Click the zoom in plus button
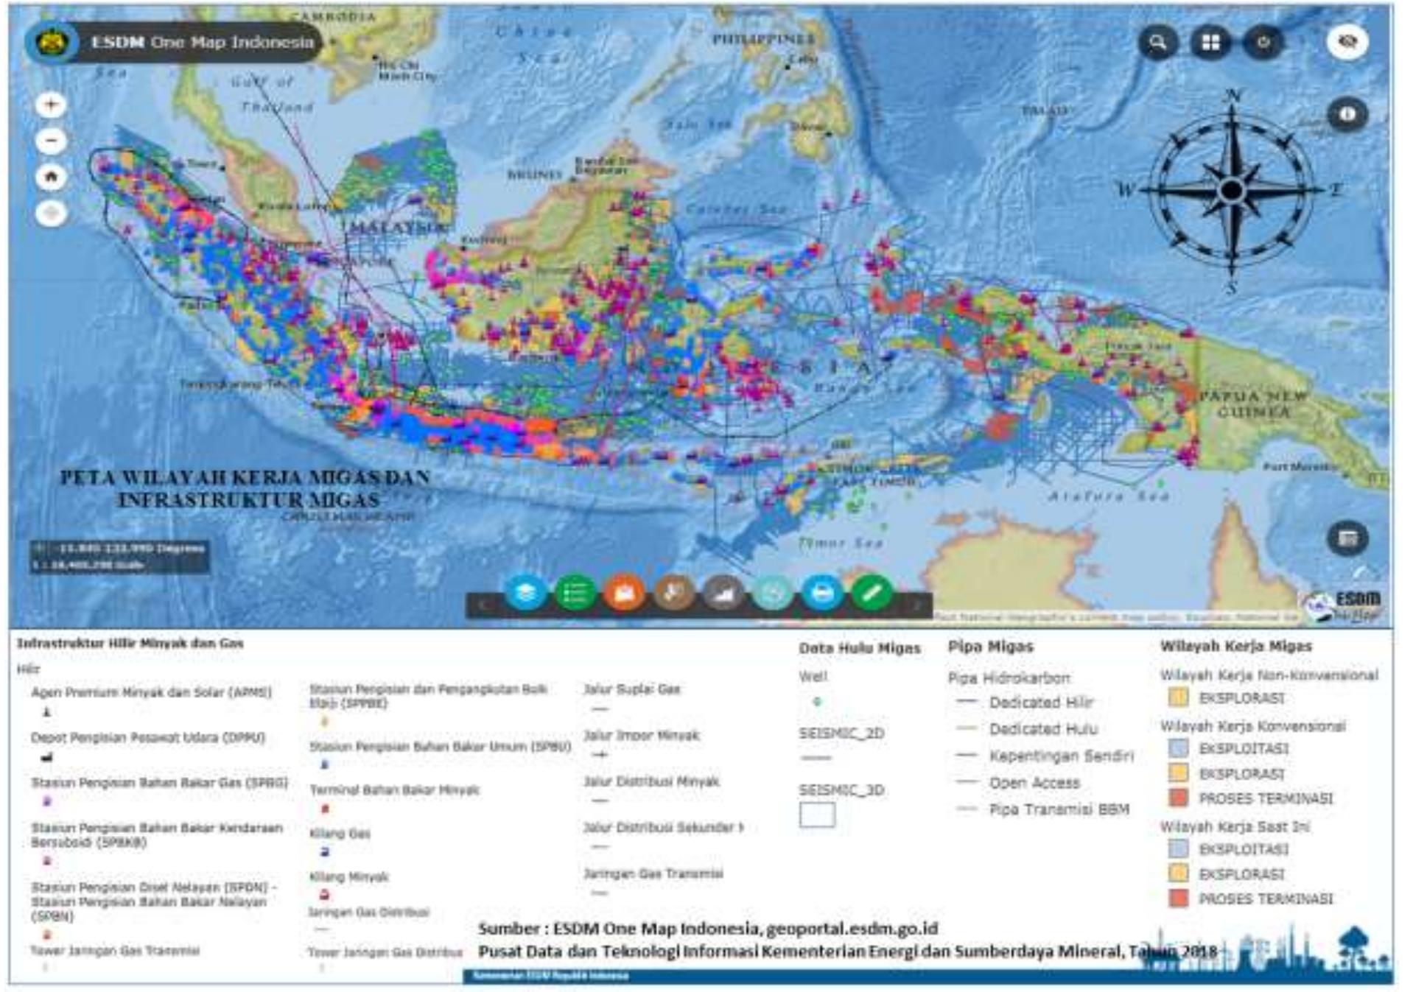[x=51, y=105]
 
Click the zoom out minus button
[x=51, y=141]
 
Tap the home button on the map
[x=51, y=177]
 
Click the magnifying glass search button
[x=1157, y=42]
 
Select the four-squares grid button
[x=1210, y=42]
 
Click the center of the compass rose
[x=1231, y=190]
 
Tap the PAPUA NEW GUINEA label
[x=1252, y=404]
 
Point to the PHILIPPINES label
[x=763, y=38]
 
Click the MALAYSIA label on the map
[x=396, y=226]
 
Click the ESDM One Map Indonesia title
[x=202, y=42]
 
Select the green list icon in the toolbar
[x=575, y=594]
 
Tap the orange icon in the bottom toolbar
[x=624, y=594]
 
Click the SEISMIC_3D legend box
[x=817, y=815]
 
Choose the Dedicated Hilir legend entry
[x=1041, y=703]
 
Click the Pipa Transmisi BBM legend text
[x=1059, y=809]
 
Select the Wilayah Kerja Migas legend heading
[x=1235, y=646]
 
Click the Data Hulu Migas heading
[x=859, y=648]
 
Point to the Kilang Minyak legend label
[x=348, y=876]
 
